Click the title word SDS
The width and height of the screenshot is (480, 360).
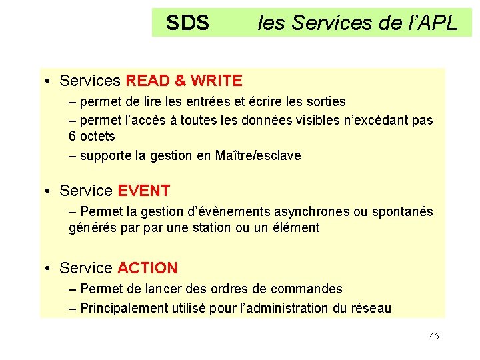(187, 23)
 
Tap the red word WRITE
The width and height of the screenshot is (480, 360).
(216, 81)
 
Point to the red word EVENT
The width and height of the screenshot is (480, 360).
(143, 191)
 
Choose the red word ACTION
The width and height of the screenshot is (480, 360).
(147, 268)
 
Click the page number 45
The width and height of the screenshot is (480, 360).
(434, 336)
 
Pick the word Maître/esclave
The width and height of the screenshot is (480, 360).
(258, 155)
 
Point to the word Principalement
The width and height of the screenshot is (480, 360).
(122, 308)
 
